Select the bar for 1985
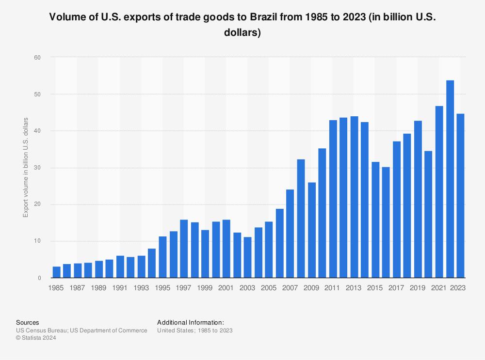[x=57, y=272]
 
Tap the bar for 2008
[x=301, y=219]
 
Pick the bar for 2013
[x=354, y=197]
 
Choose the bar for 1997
[x=184, y=249]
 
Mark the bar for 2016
[x=386, y=222]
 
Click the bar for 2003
[x=248, y=257]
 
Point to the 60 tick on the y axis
[x=38, y=57]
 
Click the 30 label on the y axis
[x=38, y=168]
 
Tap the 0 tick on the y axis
[x=39, y=278]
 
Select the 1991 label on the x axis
[x=120, y=288]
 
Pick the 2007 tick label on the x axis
[x=290, y=288]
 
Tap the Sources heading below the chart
[x=27, y=322]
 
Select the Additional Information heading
[x=191, y=322]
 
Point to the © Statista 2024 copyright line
[x=36, y=338]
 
